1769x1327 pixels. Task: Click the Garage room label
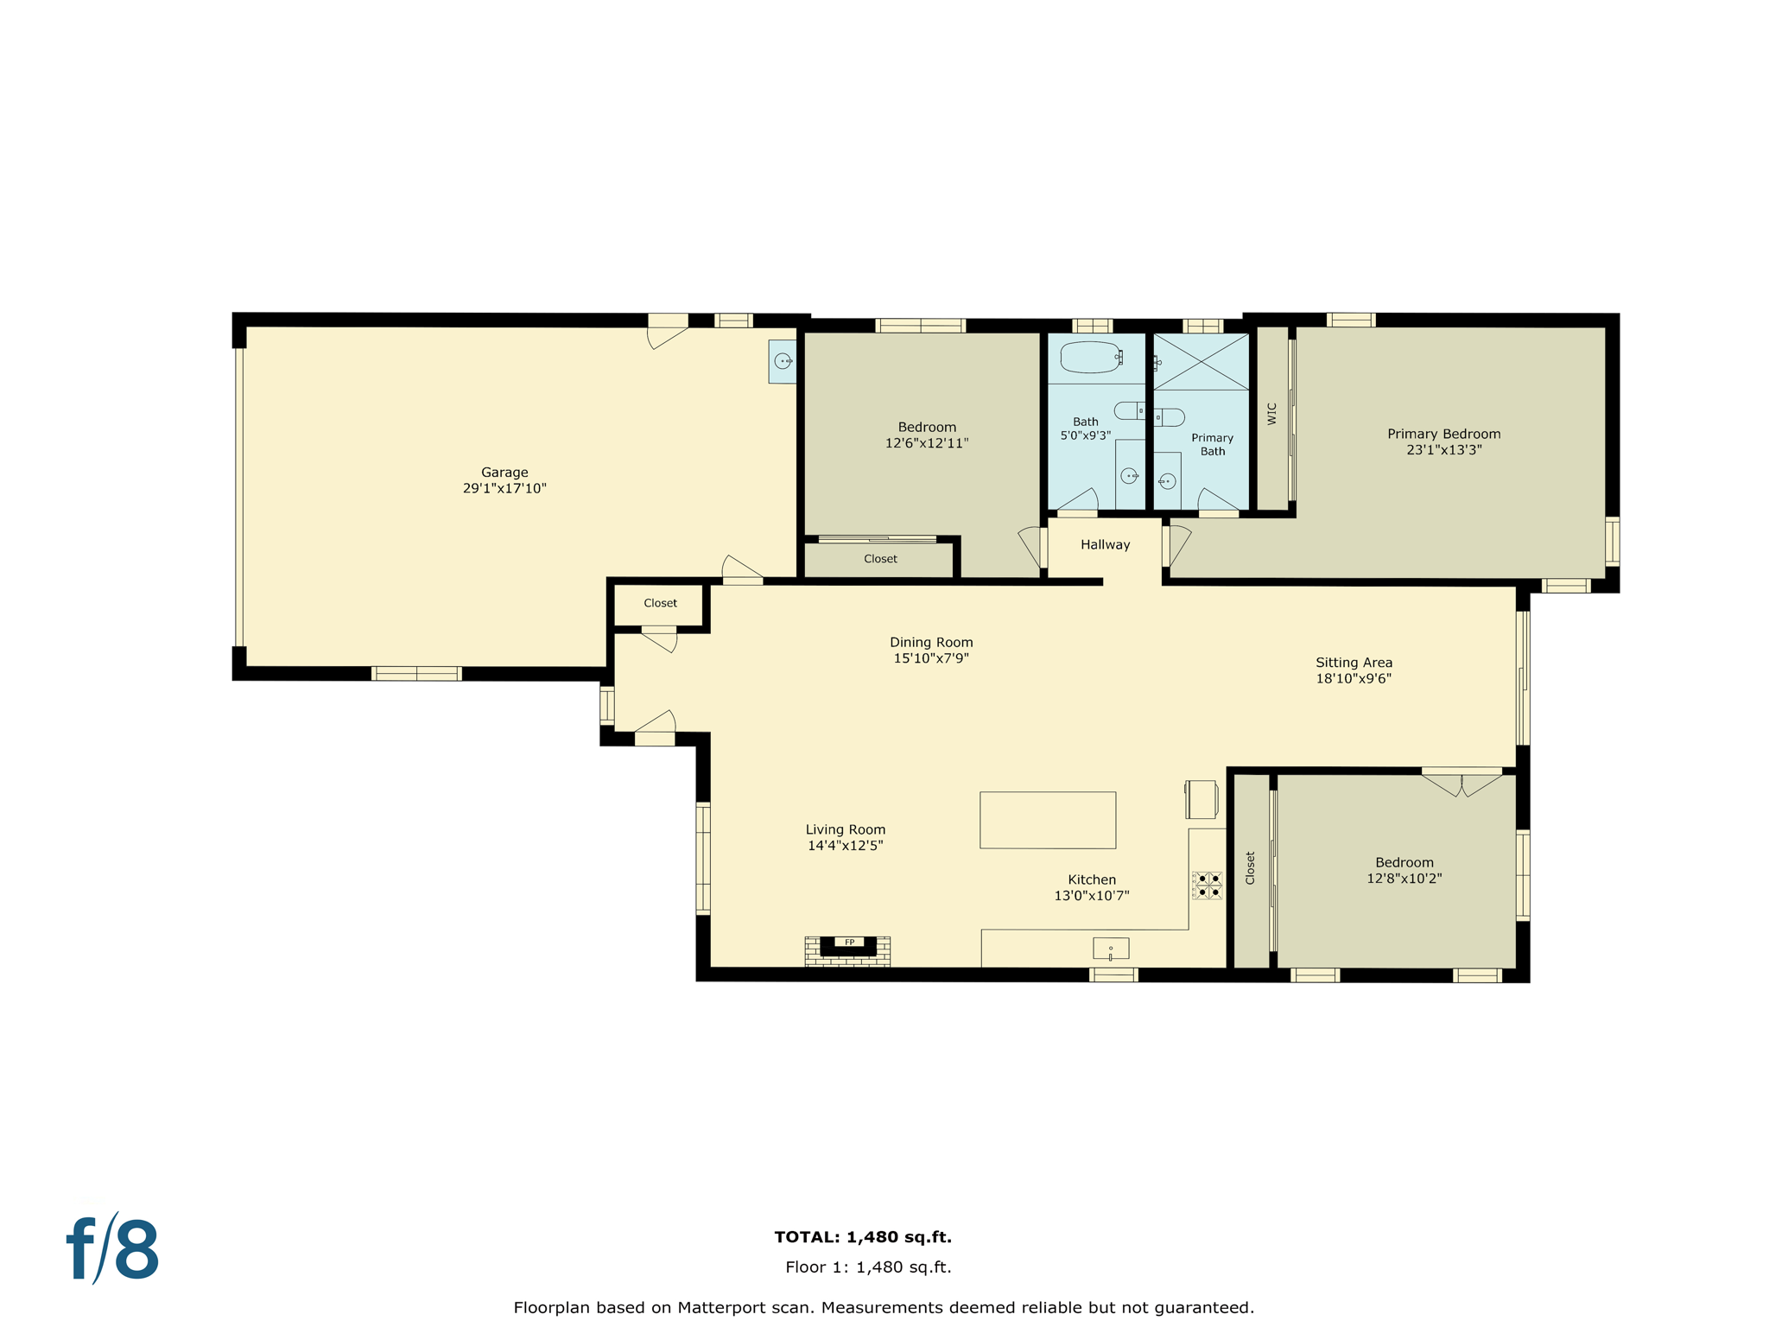504,473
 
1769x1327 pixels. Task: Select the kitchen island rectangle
1047,820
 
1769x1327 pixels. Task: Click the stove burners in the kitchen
1208,886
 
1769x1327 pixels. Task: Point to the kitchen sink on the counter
1111,949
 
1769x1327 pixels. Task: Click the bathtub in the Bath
1090,357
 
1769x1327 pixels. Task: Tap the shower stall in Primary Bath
1202,362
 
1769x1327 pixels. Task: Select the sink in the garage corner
783,361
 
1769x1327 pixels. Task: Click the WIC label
1271,414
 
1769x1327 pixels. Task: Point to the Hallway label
1105,544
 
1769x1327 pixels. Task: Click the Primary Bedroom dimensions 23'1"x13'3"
1443,450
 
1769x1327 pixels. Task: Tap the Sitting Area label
1354,663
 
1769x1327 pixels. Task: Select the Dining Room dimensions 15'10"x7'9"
930,658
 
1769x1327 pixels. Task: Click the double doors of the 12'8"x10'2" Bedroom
1461,783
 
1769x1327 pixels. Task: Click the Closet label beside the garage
660,603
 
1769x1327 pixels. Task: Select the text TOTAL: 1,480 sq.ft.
863,1237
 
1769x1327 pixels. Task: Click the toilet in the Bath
1128,410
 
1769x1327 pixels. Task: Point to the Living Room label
845,829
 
